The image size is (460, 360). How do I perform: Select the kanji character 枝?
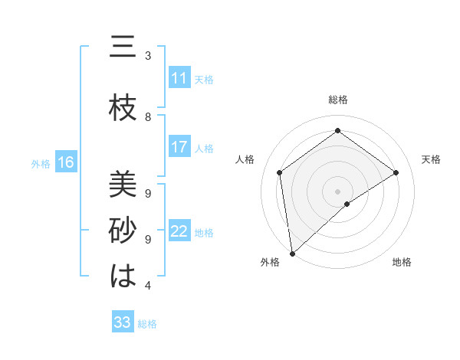[123, 109]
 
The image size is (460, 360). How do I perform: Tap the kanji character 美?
[123, 184]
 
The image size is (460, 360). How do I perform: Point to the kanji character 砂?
[123, 231]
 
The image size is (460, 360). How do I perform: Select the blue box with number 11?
[179, 78]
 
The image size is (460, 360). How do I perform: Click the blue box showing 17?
[179, 147]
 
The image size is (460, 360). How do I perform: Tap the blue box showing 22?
[179, 232]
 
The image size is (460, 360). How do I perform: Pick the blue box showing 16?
[65, 162]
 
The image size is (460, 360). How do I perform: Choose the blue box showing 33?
[122, 322]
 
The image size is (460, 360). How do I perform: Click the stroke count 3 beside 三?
[148, 56]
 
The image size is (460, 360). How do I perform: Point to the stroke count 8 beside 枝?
[148, 116]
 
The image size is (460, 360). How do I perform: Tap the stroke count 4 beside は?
[148, 286]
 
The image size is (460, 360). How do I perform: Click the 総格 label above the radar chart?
[337, 100]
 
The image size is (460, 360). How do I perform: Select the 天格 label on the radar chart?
[431, 159]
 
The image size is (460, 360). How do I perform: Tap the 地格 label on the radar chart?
[402, 262]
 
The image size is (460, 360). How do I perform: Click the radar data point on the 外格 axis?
[291, 253]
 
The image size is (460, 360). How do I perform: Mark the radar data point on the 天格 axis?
[396, 172]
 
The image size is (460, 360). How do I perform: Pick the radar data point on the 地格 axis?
[347, 204]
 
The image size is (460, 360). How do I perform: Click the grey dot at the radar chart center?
[337, 191]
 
